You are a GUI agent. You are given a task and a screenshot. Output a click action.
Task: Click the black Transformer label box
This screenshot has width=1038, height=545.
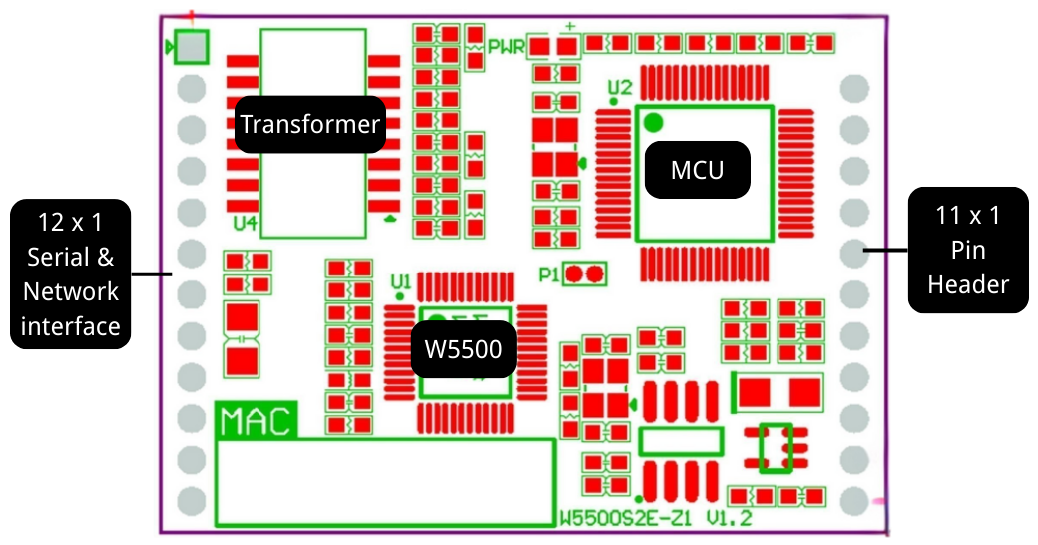click(310, 125)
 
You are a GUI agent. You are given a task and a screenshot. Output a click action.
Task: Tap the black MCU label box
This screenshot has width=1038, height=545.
click(697, 170)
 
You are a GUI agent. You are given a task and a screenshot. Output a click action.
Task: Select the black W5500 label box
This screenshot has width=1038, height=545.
click(463, 349)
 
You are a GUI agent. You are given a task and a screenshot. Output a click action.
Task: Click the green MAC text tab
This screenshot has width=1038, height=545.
click(256, 421)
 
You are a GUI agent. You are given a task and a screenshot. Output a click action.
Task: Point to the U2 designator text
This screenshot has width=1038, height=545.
click(619, 87)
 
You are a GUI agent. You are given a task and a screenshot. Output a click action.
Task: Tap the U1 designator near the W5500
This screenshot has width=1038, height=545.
click(401, 280)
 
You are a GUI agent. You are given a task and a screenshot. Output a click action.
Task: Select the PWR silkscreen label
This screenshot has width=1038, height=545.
click(506, 46)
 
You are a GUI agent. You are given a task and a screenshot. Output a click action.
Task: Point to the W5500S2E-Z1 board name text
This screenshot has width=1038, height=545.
click(625, 518)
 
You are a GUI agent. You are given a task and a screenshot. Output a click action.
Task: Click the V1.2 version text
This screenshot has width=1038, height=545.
click(729, 518)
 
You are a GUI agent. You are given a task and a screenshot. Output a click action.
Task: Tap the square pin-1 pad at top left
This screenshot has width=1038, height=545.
click(192, 46)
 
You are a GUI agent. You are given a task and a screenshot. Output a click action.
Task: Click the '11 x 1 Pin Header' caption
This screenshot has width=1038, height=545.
click(967, 250)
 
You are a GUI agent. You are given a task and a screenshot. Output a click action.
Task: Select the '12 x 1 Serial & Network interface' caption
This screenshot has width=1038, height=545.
click(71, 273)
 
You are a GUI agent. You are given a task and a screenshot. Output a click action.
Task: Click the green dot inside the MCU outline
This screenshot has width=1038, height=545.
click(653, 123)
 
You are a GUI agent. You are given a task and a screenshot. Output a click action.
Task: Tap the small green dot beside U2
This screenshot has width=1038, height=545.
click(613, 100)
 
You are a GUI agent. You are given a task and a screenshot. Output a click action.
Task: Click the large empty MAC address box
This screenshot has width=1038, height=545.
click(385, 481)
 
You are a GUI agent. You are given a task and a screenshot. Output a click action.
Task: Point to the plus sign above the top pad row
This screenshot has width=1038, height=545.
click(569, 26)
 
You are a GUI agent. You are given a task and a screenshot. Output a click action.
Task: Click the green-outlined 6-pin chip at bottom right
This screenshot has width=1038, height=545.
click(777, 448)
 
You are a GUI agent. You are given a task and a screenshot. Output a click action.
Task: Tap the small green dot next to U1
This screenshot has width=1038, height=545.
click(400, 295)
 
